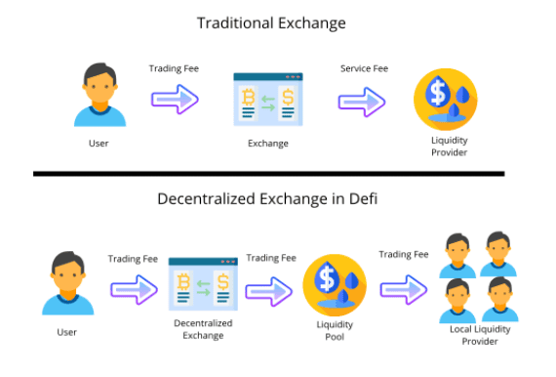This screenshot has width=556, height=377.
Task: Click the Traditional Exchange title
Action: coord(271,23)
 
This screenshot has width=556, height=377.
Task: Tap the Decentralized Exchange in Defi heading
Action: coord(267,199)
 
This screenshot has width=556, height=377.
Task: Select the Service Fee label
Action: coord(364,68)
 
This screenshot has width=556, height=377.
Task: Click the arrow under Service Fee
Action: coord(362,102)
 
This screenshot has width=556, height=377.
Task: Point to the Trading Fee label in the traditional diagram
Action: coord(174,68)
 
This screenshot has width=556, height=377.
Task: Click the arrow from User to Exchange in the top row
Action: coord(175,100)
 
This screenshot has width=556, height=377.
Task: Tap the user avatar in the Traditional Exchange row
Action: coord(100,95)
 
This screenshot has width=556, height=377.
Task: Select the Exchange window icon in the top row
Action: coord(268,100)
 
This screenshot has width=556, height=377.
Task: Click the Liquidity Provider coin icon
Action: coord(446,100)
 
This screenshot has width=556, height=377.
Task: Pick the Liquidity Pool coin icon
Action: coord(335,285)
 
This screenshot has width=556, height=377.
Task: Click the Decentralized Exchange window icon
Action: coord(203,284)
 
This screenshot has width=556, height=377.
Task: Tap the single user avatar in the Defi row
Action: coord(67,283)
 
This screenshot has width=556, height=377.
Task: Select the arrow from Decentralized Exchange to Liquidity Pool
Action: coord(269,292)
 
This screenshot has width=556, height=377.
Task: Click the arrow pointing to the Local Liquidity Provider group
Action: coord(404,290)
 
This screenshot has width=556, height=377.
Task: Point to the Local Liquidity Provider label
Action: coord(480,335)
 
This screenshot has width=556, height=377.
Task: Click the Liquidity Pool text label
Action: coord(335,330)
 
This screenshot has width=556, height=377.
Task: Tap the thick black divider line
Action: coord(269,174)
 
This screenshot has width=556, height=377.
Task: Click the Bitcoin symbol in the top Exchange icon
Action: coord(248,98)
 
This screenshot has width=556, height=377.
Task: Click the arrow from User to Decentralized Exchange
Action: coord(134,290)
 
